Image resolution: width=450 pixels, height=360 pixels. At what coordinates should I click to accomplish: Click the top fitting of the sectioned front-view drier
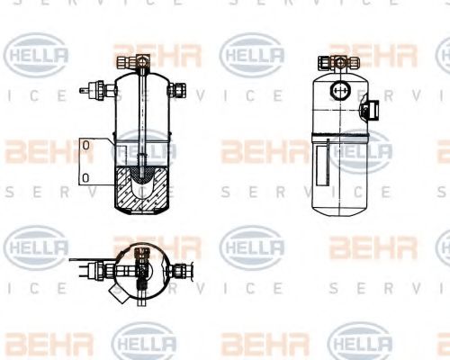(x=139, y=62)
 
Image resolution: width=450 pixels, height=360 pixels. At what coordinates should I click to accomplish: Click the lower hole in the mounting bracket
(x=85, y=176)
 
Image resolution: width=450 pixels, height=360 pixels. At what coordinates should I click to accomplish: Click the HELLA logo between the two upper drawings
(x=252, y=56)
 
